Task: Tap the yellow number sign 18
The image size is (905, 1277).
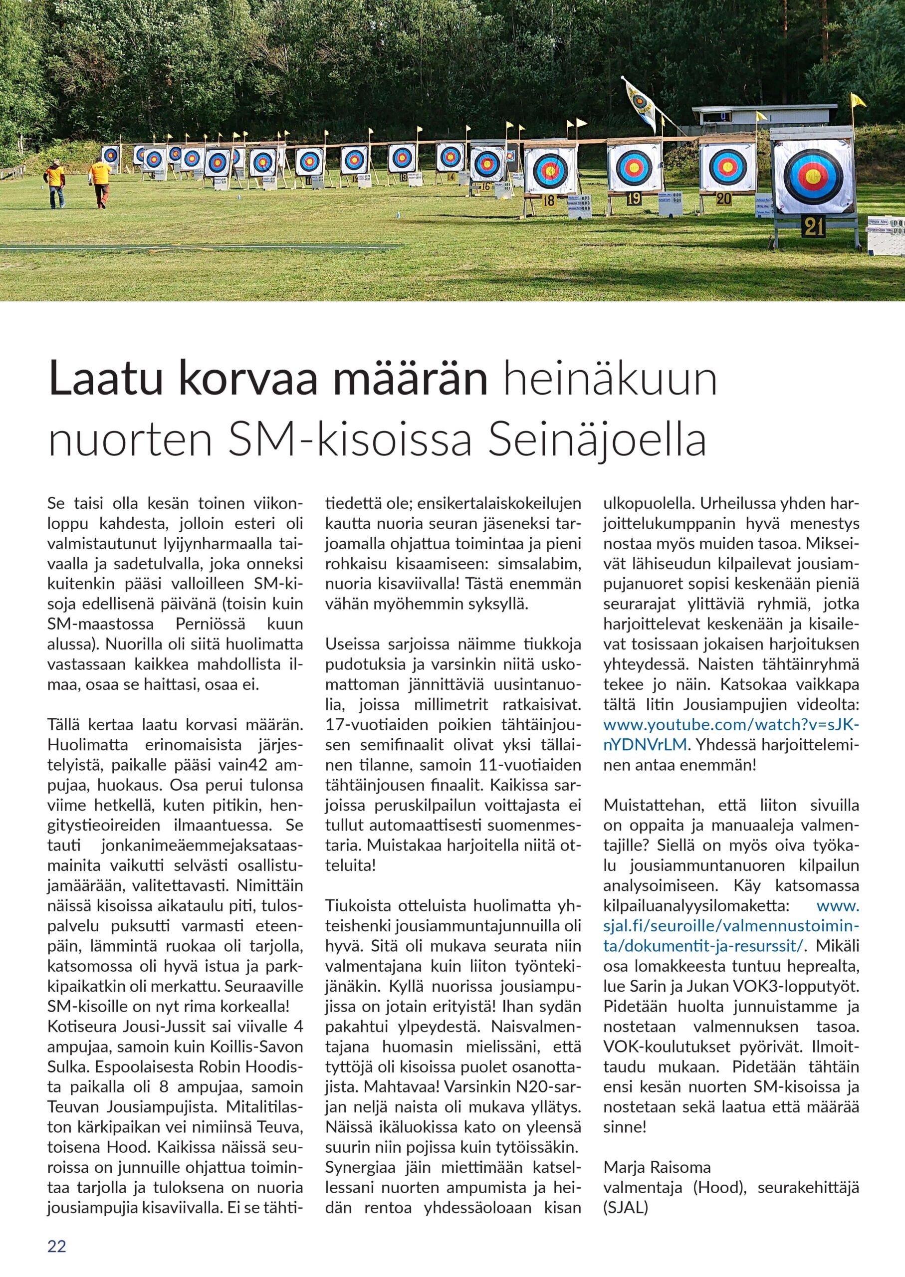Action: (549, 201)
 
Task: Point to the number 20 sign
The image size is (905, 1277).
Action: (724, 199)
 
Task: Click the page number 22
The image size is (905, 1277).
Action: (57, 1243)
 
